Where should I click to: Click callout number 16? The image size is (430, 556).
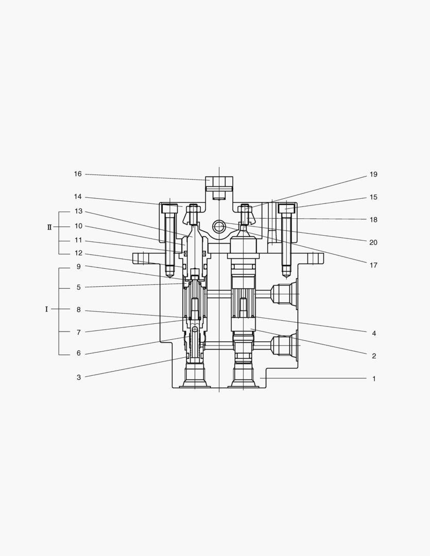coord(78,174)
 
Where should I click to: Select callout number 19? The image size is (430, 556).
coord(373,175)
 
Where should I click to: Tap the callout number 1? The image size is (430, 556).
coord(374,379)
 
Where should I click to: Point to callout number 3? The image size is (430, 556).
coord(79,377)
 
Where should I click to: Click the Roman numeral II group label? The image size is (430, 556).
coord(49,227)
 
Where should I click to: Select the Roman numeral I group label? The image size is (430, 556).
coord(46,309)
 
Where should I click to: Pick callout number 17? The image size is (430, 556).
coord(373,266)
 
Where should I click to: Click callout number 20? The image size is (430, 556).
coord(373,242)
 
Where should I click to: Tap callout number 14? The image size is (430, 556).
coord(78,197)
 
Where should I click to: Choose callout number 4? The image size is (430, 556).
coord(374,334)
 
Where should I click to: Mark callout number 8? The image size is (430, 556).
coord(79,310)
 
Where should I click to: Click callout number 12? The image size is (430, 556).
coord(78,253)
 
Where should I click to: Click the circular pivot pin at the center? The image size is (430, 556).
coord(219,226)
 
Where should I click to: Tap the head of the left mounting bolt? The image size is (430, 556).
coord(169,208)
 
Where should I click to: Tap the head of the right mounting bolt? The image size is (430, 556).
coord(287,208)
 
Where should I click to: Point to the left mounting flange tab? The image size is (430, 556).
coord(144,258)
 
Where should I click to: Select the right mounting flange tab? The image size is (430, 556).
coord(309,258)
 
